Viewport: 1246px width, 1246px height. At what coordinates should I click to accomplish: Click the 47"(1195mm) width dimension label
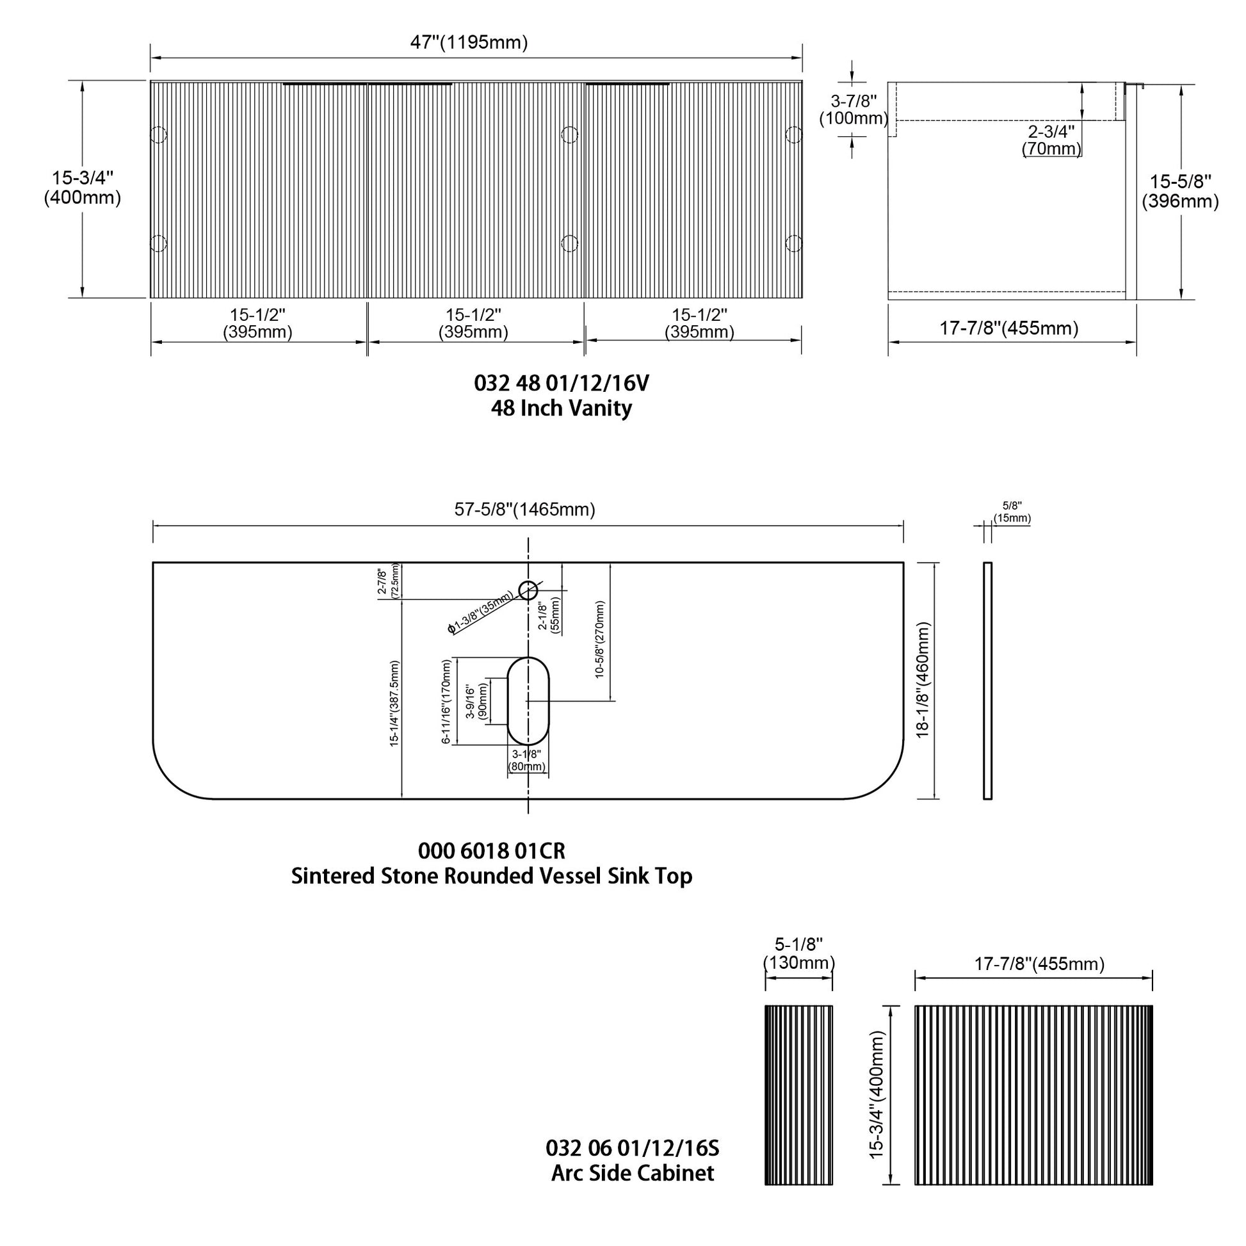(469, 42)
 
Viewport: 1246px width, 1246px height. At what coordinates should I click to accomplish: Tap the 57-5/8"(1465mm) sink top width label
(524, 510)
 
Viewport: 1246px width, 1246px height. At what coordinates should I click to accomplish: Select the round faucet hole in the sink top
(528, 590)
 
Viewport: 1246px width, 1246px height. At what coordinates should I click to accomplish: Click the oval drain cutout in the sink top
(528, 701)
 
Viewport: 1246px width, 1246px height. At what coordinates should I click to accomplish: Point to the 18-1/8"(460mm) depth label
(923, 680)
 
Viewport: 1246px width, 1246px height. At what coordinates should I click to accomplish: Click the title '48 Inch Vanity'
(561, 409)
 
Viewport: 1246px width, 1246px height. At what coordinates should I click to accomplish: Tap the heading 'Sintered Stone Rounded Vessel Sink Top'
(492, 876)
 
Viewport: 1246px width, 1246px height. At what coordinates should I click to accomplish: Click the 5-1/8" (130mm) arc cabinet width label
(798, 953)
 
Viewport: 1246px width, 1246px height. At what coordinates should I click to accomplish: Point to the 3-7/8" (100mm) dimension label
(854, 109)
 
